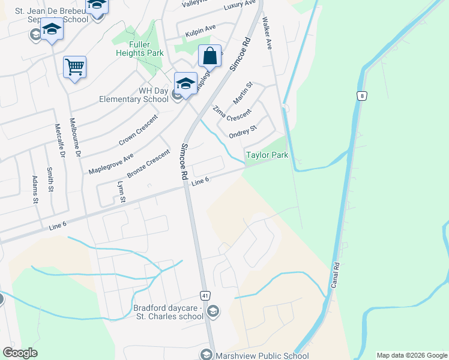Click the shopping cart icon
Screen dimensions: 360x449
tap(74, 67)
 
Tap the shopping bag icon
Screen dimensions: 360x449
tap(209, 56)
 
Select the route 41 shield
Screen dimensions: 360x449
tap(205, 296)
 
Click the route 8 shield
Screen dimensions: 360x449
tap(361, 96)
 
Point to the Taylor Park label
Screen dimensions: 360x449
tap(267, 155)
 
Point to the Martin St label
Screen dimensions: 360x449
tap(243, 92)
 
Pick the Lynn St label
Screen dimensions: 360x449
tap(122, 191)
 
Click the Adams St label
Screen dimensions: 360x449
tap(37, 190)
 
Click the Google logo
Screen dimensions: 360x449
tap(20, 352)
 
